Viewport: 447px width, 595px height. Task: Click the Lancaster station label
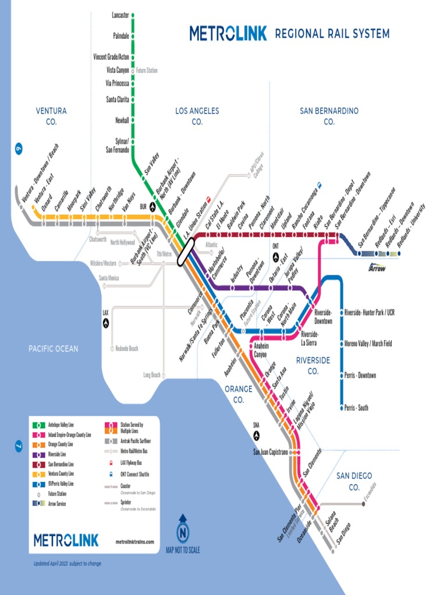120,15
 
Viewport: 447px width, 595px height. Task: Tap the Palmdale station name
121,36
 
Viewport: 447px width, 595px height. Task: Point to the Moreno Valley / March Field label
368,343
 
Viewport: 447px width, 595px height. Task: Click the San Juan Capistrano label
271,452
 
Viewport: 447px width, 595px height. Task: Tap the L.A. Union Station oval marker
186,253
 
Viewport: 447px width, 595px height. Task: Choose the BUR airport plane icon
152,207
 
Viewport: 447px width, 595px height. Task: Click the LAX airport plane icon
106,321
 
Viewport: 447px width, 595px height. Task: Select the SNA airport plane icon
256,433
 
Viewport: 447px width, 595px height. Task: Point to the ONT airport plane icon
275,255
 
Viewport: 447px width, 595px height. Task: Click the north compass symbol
183,532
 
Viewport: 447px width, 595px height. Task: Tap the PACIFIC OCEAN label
54,349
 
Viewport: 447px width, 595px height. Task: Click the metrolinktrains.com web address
135,542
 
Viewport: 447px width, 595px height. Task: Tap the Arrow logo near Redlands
377,268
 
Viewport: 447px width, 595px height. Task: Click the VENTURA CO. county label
51,116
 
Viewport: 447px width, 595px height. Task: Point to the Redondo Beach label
126,349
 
